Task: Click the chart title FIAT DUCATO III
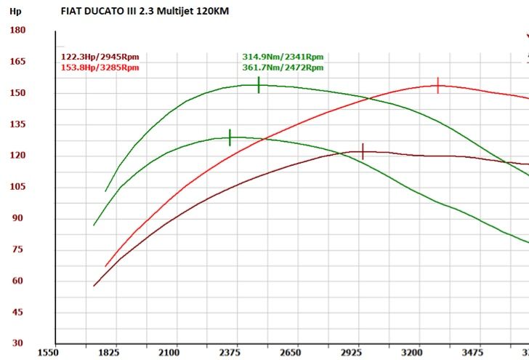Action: tap(148, 12)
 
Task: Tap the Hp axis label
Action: tap(15, 12)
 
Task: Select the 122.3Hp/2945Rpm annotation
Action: tap(100, 56)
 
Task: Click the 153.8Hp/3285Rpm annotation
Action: tap(100, 67)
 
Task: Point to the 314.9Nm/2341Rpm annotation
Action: tap(283, 56)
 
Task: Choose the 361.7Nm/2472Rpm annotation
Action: tap(283, 67)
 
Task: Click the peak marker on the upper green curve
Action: tap(258, 85)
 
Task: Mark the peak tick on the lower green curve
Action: tap(230, 137)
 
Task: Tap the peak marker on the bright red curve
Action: tap(438, 86)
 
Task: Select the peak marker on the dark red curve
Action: tap(363, 151)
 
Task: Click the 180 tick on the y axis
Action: tap(18, 30)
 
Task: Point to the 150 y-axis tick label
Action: tap(18, 92)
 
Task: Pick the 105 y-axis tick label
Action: tap(18, 186)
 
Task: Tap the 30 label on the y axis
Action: tap(18, 343)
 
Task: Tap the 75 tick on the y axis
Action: tap(18, 249)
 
